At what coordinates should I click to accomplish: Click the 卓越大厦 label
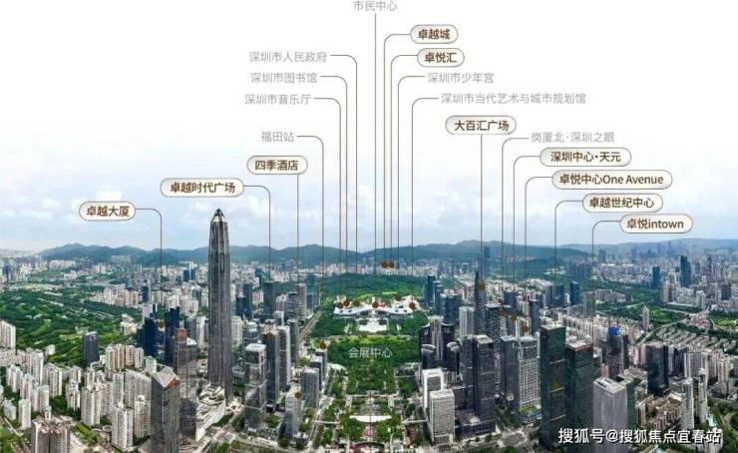tap(107, 211)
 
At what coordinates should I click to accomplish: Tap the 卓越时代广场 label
tap(201, 188)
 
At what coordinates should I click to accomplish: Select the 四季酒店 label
tap(277, 165)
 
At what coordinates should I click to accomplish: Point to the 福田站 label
tap(277, 137)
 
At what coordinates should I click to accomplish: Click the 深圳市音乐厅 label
tap(278, 99)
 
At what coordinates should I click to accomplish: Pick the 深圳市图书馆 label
tap(283, 77)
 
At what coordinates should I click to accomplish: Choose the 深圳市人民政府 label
tap(288, 56)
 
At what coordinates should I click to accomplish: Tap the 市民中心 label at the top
tap(375, 6)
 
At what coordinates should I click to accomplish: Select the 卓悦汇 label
tap(440, 57)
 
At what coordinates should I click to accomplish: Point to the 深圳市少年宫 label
tap(460, 77)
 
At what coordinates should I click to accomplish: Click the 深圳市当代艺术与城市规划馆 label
tap(514, 99)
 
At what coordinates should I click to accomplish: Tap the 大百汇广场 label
tap(481, 125)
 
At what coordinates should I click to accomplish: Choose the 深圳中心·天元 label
tap(585, 157)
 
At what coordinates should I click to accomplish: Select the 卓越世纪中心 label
tap(622, 203)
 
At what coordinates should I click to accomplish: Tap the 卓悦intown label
tap(655, 224)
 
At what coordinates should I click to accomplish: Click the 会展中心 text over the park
tap(369, 352)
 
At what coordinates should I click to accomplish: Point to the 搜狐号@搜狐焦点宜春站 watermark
tap(638, 435)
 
